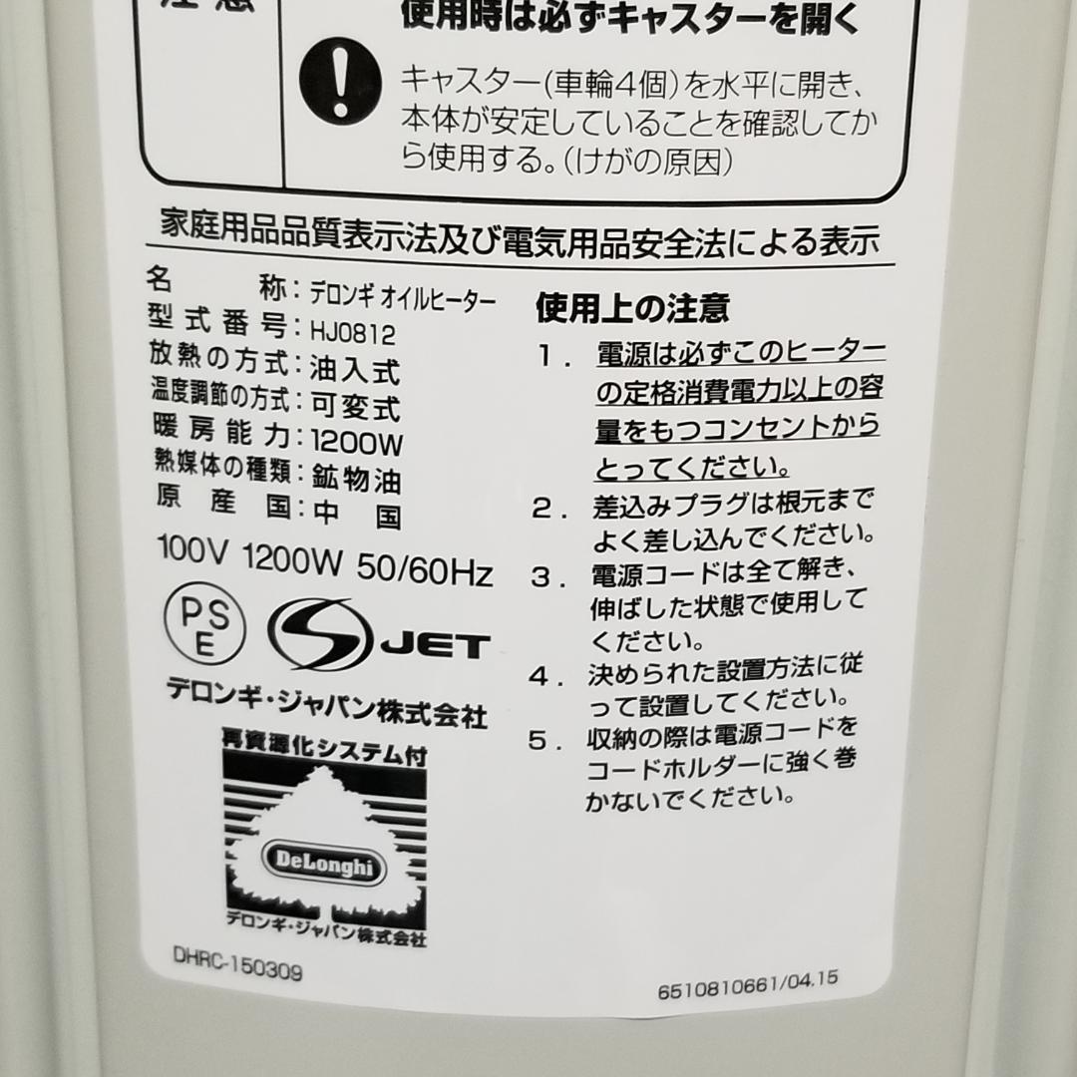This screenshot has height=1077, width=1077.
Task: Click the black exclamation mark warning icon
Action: coord(340,83)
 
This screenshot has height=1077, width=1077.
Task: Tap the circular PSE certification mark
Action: coord(203,624)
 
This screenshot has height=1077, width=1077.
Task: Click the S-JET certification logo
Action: coord(377,635)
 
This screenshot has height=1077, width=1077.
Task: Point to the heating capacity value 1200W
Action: coord(356,440)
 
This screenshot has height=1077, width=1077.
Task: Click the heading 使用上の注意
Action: coord(632,308)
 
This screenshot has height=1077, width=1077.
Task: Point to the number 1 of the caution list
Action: coord(547,356)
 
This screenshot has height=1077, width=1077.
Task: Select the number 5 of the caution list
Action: coord(538,740)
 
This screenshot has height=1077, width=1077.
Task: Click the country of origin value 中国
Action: coord(357,515)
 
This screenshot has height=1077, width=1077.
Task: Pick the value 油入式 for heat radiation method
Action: coord(355,371)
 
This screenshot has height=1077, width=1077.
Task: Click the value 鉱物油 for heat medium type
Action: coord(356,479)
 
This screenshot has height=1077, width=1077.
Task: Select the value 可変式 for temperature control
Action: coord(355,406)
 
